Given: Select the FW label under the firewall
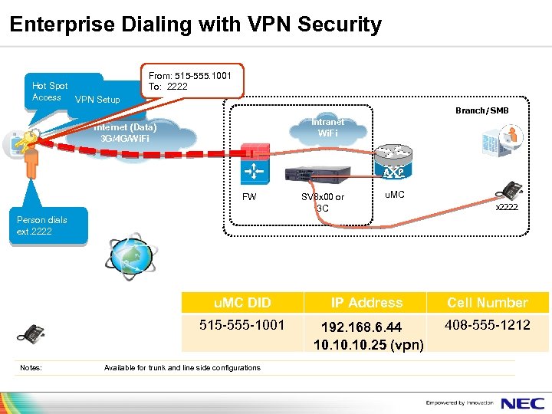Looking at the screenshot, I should (249, 197).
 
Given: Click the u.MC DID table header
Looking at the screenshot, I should (242, 303).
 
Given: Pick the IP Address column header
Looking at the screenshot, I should (366, 303).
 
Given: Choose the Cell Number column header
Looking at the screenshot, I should (487, 303).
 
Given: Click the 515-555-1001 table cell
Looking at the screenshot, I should (242, 325).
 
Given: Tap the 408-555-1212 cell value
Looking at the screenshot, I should (488, 325).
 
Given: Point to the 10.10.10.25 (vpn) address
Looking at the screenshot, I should (368, 345).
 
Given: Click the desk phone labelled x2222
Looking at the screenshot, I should (510, 191).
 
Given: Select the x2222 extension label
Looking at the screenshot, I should (506, 208).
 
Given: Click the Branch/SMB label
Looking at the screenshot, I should (481, 110).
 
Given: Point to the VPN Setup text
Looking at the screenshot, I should (97, 100).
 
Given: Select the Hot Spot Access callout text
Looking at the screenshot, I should (49, 91).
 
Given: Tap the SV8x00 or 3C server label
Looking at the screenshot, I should (323, 202).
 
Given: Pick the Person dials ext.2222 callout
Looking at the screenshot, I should (42, 225).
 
